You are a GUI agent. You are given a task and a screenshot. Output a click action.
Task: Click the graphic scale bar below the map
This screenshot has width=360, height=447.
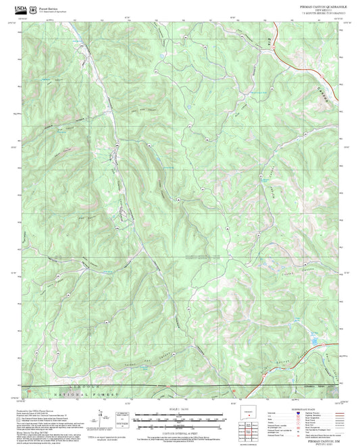180,417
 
